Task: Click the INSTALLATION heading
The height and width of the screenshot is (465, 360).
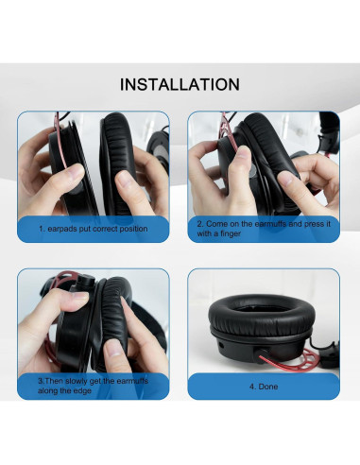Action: pyautogui.click(x=180, y=85)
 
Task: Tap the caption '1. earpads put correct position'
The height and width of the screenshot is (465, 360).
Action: pyautogui.click(x=93, y=229)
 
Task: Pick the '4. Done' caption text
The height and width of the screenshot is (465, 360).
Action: pyautogui.click(x=265, y=386)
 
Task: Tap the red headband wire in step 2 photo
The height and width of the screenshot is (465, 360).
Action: pyautogui.click(x=224, y=128)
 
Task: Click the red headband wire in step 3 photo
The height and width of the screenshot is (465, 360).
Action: pyautogui.click(x=61, y=281)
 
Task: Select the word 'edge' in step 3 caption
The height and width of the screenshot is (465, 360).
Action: pyautogui.click(x=87, y=389)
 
